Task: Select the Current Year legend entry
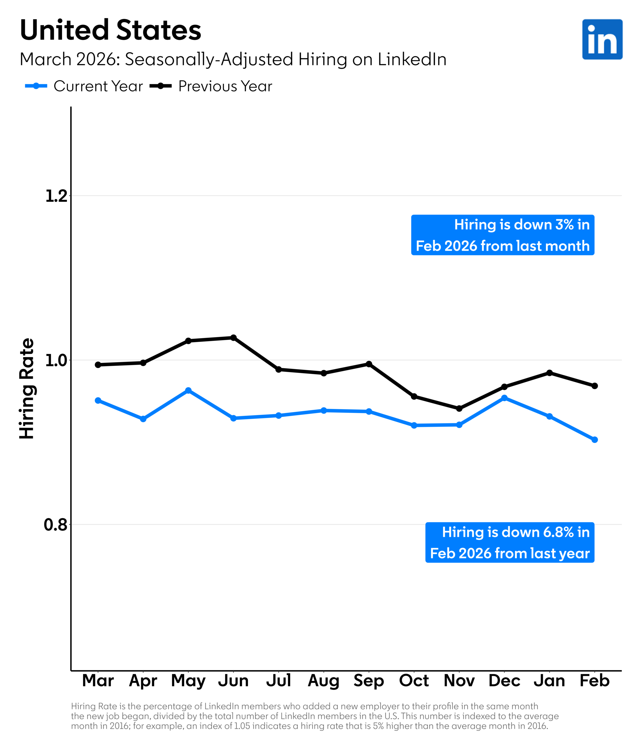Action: [x=84, y=86]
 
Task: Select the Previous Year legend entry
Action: [x=211, y=86]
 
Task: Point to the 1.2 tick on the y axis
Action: [x=57, y=196]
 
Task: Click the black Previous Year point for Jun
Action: [x=234, y=338]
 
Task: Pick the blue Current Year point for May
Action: [x=188, y=391]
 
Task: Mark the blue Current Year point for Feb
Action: [x=595, y=440]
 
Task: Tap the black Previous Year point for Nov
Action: [x=459, y=409]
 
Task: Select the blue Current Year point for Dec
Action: [x=504, y=398]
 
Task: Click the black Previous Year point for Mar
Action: [x=98, y=365]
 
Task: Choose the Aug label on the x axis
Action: [x=323, y=681]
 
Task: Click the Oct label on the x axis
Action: [x=414, y=681]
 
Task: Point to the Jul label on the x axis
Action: [x=278, y=681]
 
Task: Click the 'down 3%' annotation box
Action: [x=503, y=235]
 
